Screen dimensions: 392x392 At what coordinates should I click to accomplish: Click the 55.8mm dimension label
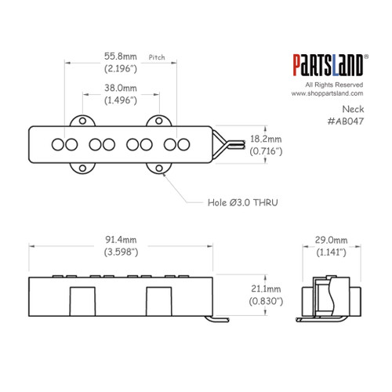pyautogui.click(x=121, y=56)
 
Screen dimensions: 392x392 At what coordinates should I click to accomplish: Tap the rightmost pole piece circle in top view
pyautogui.click(x=184, y=144)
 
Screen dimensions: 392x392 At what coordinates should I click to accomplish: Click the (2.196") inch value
pyautogui.click(x=121, y=68)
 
